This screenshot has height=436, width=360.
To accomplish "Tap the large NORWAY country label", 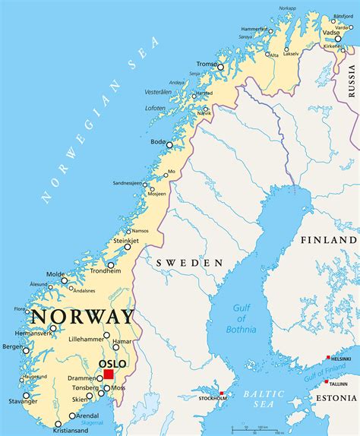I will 81,317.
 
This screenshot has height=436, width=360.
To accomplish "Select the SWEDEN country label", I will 189,262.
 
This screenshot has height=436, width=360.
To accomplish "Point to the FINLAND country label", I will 328,239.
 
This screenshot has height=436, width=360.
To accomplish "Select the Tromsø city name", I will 205,65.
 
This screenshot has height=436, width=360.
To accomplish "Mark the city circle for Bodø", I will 170,145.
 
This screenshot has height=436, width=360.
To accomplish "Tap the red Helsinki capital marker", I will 328,358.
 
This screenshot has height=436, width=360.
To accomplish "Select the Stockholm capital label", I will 213,398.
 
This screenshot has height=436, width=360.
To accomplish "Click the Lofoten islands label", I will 155,108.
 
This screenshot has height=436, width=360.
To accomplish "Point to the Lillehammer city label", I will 85,340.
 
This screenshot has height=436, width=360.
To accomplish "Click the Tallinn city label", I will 339,384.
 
